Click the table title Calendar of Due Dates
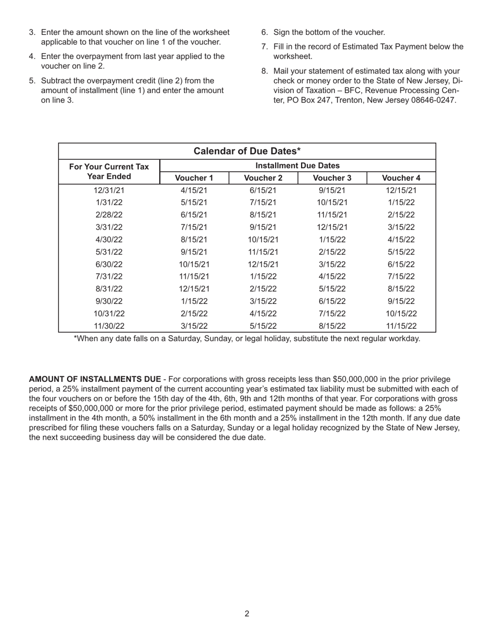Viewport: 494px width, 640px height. (247, 151)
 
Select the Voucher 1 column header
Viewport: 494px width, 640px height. (194, 178)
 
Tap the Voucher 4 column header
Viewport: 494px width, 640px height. (401, 178)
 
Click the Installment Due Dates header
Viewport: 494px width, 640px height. (297, 165)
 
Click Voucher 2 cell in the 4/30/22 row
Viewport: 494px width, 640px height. (263, 240)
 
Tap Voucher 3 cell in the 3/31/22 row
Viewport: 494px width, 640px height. (332, 227)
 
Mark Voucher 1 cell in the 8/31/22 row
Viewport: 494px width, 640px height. (194, 289)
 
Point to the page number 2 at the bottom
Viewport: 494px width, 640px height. (247, 614)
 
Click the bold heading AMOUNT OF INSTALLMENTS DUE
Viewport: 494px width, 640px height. (95, 380)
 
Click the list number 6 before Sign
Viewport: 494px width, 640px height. (264, 32)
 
